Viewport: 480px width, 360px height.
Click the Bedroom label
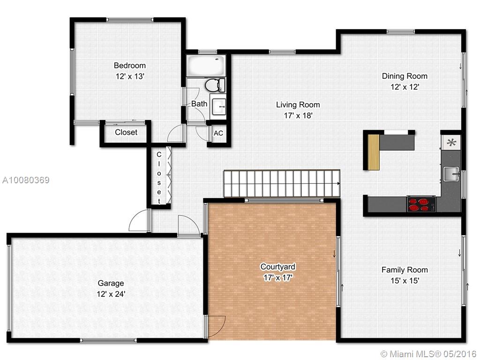pos(130,66)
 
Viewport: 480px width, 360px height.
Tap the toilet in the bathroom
pos(215,85)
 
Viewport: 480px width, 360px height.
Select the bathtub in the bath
pos(206,66)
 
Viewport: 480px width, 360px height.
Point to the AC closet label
pos(218,133)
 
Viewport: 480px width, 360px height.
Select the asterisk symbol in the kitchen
pos(451,142)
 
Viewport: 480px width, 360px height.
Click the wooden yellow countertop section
pos(374,152)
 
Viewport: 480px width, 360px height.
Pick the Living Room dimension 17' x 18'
pos(298,116)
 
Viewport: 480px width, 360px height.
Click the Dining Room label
pos(405,76)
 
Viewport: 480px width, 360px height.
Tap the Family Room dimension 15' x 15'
pos(405,280)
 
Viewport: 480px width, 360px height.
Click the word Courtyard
pos(277,267)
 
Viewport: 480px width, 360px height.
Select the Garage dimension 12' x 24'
pos(111,294)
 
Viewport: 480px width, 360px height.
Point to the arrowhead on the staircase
pos(338,184)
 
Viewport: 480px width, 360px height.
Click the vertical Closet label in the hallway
pos(159,178)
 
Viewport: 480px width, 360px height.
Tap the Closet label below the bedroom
pos(126,132)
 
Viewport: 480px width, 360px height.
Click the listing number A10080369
pos(26,180)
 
